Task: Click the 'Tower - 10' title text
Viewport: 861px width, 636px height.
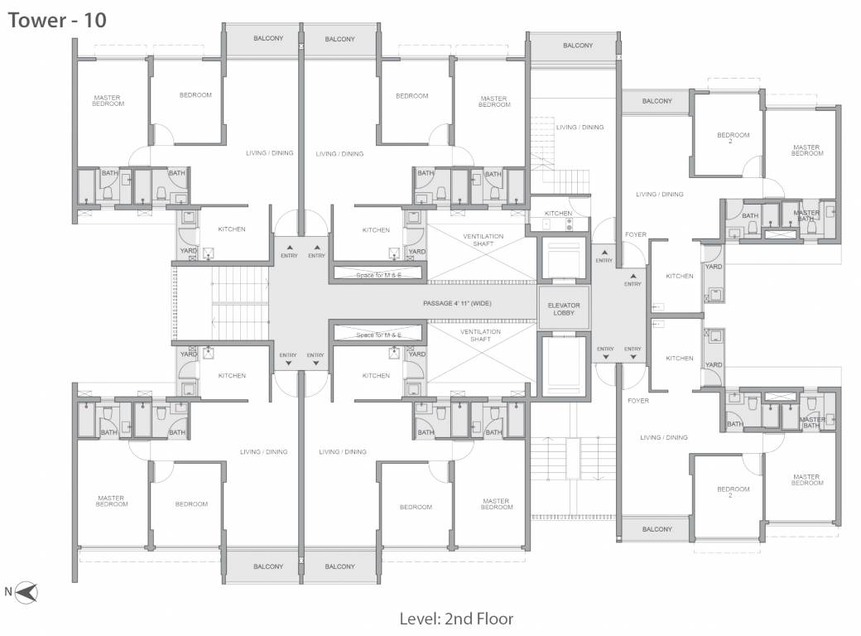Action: (57, 21)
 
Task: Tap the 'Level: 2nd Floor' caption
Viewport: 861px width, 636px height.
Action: (456, 619)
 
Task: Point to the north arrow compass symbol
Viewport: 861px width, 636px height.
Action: (27, 592)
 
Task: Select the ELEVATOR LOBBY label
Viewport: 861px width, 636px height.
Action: (564, 308)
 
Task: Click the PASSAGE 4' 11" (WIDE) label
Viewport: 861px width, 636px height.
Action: (456, 303)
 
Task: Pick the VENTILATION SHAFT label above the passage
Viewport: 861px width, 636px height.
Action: (481, 240)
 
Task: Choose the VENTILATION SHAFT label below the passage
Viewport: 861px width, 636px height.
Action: (481, 335)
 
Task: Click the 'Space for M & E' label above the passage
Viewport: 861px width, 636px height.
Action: (378, 274)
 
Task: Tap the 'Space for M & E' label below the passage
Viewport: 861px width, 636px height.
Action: (378, 335)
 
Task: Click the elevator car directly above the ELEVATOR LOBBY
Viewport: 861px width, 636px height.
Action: (563, 259)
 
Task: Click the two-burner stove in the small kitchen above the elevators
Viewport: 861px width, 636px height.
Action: (570, 224)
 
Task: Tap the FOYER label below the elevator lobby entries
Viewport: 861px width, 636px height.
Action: (637, 401)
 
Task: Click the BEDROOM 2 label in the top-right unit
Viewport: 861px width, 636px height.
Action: (733, 137)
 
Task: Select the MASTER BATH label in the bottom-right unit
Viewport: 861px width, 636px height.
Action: (812, 422)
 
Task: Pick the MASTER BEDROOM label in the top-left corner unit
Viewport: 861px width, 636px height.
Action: (108, 101)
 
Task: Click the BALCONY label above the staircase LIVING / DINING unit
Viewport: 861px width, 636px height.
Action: (578, 46)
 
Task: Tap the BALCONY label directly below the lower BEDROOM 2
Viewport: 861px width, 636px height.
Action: (657, 529)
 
